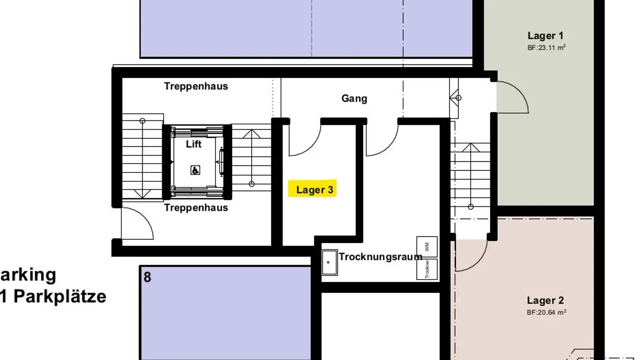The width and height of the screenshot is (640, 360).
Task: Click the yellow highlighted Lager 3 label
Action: pos(315,189)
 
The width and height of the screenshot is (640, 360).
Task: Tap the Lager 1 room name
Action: pos(545,36)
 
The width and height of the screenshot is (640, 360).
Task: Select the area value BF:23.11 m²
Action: pos(546,48)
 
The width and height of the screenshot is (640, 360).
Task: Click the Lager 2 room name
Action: pos(545,300)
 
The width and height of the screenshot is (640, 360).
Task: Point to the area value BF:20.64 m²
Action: pos(546,312)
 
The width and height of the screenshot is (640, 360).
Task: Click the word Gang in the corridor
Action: pos(354,98)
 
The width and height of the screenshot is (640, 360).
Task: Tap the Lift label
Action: pos(194,144)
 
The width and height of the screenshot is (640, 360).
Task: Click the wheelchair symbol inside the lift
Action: pos(195,170)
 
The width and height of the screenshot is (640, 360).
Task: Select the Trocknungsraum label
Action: pos(380,256)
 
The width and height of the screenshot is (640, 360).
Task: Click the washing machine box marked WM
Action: pos(427,247)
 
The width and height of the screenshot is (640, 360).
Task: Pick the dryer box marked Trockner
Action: pos(427,269)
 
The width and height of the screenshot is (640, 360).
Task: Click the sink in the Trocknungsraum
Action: pos(329,262)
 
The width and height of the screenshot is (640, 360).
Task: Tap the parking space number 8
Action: pos(148,277)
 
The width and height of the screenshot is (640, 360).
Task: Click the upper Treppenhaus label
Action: pos(196,86)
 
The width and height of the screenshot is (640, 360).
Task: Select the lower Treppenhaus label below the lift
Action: pos(196,208)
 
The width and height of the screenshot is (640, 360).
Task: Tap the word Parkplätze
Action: pos(60,296)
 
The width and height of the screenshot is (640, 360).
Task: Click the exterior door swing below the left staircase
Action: pos(136,224)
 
